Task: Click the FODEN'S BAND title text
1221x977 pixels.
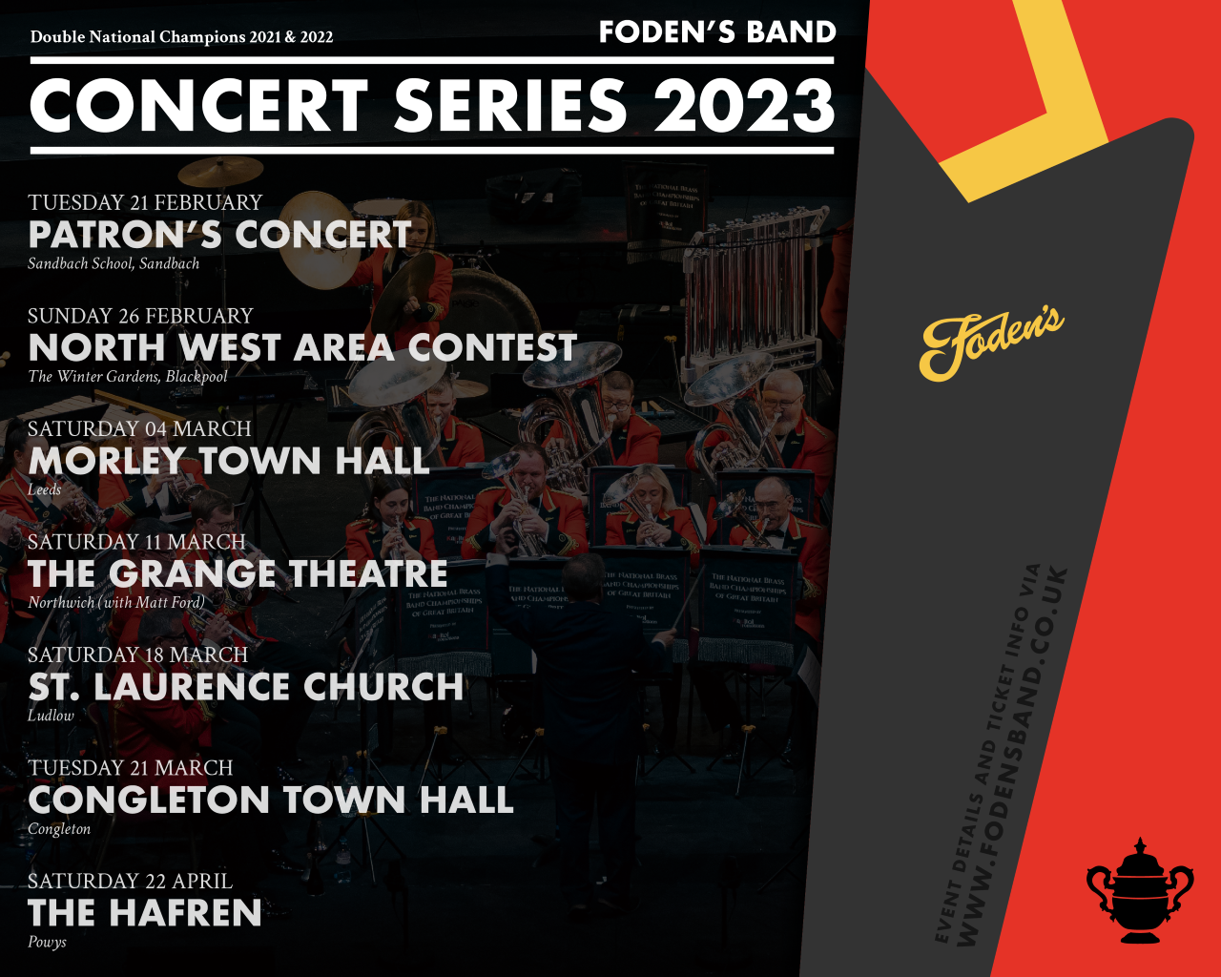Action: (x=717, y=31)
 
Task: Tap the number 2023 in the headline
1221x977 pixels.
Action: (x=744, y=105)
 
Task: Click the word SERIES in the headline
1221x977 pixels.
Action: (x=510, y=105)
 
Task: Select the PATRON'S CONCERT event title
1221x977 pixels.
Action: (x=219, y=235)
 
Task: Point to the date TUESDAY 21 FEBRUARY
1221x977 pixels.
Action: (x=145, y=202)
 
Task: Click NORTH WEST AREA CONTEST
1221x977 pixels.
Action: (x=302, y=347)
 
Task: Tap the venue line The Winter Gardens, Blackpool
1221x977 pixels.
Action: (x=128, y=376)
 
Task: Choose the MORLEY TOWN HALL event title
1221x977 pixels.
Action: (x=229, y=461)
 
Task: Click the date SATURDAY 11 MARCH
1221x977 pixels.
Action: (x=136, y=542)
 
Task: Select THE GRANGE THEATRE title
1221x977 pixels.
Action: (x=238, y=573)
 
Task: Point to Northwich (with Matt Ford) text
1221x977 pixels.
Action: (x=116, y=602)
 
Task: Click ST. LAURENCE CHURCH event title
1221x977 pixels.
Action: (x=246, y=686)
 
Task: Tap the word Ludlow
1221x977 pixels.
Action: (x=52, y=716)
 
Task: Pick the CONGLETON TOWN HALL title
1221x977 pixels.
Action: (x=271, y=800)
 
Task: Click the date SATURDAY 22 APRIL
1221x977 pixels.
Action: (x=130, y=881)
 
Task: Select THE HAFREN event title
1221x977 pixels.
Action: (x=145, y=913)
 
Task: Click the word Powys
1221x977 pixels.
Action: (x=47, y=943)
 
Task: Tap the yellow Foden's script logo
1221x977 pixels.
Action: (x=991, y=343)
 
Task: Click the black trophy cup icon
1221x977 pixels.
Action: (x=1140, y=891)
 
